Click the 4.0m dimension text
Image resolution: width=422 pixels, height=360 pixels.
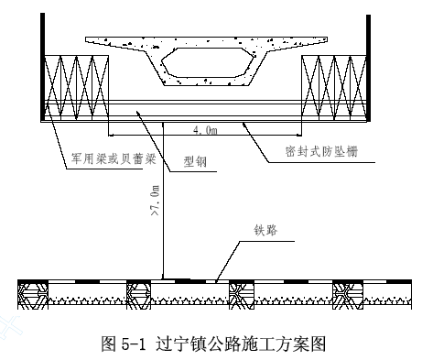click(205, 130)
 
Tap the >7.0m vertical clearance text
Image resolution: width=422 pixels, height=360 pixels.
click(155, 200)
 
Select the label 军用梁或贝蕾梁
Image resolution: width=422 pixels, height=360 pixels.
click(114, 158)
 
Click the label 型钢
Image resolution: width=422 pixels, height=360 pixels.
click(195, 161)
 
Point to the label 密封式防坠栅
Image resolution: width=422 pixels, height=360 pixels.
click(321, 151)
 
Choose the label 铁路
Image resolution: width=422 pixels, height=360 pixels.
click(265, 230)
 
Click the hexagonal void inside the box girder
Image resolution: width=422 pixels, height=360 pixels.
click(208, 62)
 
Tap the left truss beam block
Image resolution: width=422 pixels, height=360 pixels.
click(77, 88)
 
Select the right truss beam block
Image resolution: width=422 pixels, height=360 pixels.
click(334, 88)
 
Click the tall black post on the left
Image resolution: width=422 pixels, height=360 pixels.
click(43, 67)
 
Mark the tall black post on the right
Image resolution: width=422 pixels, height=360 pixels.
click(368, 68)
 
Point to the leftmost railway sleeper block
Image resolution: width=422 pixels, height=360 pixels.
click(33, 296)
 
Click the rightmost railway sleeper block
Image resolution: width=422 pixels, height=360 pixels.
click(348, 296)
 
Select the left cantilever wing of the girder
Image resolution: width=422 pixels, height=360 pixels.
click(116, 43)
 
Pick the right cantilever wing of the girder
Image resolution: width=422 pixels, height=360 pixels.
click(298, 43)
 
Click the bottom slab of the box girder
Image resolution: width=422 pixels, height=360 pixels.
click(208, 82)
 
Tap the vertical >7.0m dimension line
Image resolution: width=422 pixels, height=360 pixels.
click(163, 201)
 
